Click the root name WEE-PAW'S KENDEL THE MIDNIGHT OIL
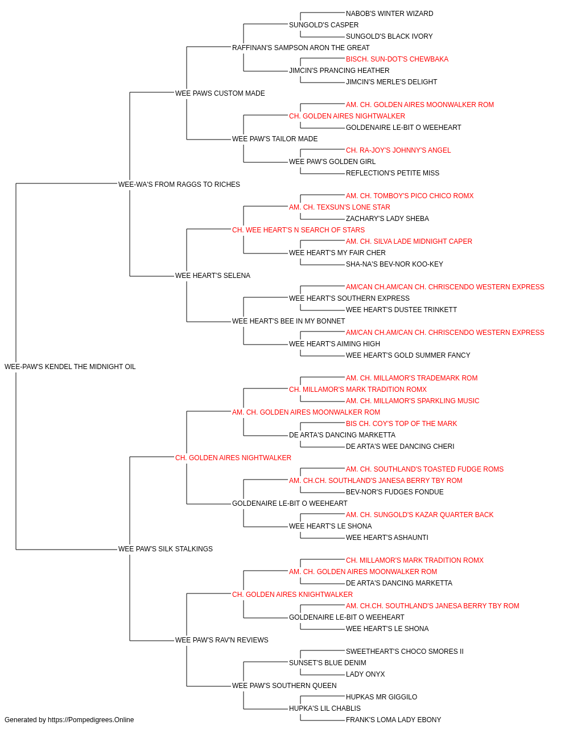(70, 367)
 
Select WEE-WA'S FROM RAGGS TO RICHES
(179, 185)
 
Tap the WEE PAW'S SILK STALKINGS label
(166, 549)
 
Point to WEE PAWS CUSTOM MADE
(220, 93)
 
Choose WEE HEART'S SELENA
(213, 276)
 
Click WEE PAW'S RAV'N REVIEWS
(222, 640)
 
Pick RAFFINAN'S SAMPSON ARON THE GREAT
(301, 48)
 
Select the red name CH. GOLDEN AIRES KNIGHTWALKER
(292, 595)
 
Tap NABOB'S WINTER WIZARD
(389, 14)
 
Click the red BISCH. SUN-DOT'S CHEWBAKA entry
(397, 59)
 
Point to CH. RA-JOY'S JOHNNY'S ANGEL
(398, 150)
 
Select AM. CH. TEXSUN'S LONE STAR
(340, 207)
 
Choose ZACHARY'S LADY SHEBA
(387, 219)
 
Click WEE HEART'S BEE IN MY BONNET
(288, 321)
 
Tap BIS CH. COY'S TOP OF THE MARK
(402, 424)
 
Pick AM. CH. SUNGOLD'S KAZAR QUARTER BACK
(419, 515)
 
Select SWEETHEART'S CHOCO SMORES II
(405, 652)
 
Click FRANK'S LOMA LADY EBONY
(393, 720)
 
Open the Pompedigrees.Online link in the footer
(91, 720)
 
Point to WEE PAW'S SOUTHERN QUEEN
(284, 686)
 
